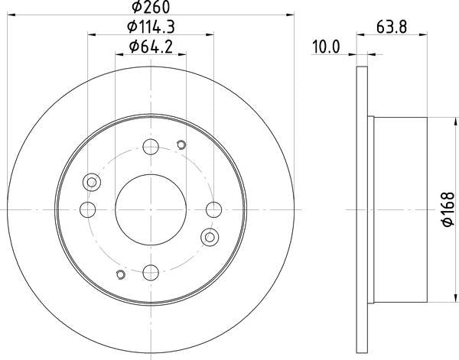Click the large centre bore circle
(151, 208)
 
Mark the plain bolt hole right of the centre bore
(213, 208)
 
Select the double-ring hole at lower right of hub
(209, 237)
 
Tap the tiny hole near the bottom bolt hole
(120, 274)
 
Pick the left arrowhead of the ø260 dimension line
(11, 13)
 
